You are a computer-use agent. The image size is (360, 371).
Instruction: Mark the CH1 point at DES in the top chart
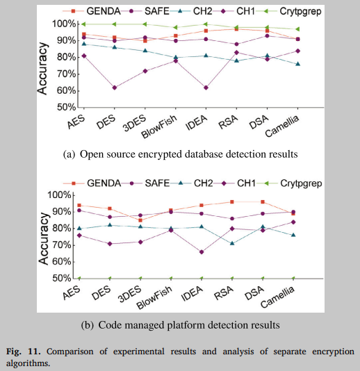pyautogui.click(x=113, y=88)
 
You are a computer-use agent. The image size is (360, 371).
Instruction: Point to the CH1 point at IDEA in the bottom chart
pyautogui.click(x=202, y=252)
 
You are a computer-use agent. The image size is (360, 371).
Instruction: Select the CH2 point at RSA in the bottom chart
pyautogui.click(x=232, y=243)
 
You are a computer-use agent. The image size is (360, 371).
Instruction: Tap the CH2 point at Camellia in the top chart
pyautogui.click(x=298, y=64)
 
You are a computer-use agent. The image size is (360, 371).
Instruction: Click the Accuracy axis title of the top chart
pyautogui.click(x=43, y=65)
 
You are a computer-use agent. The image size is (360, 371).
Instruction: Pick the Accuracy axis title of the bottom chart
pyautogui.click(x=43, y=236)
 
